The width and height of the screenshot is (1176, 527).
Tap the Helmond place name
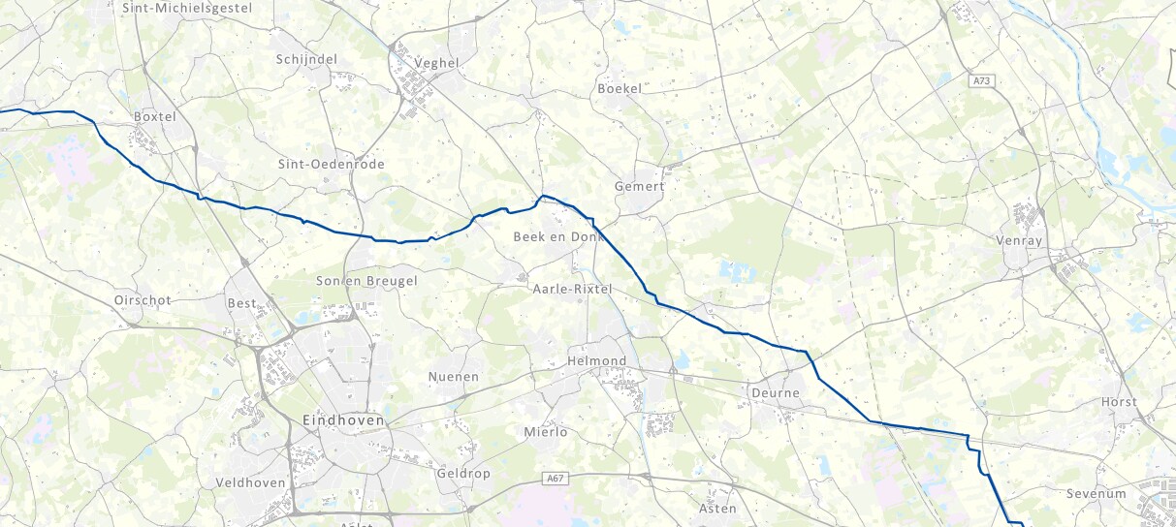[x=596, y=361]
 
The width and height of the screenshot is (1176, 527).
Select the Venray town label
[x=1017, y=239]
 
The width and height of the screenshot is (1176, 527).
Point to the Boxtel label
[x=155, y=116]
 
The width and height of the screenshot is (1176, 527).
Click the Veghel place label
[x=436, y=63]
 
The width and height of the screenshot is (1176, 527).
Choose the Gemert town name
[x=640, y=186]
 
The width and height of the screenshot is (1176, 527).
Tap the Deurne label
[x=775, y=393]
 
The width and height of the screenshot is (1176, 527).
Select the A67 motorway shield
[x=555, y=479]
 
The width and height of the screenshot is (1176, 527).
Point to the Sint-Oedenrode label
[x=331, y=164]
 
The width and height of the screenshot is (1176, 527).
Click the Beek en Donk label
[x=558, y=236]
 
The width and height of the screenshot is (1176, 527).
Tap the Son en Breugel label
[x=366, y=281]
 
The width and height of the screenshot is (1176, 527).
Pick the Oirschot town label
[x=143, y=300]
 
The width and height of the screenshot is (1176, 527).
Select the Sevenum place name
[x=1096, y=493]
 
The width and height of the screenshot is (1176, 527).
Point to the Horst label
[x=1119, y=402]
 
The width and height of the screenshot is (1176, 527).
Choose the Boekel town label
[x=620, y=88]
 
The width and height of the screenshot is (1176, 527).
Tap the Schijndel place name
[x=306, y=59]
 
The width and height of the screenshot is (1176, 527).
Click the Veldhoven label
[x=250, y=482]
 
